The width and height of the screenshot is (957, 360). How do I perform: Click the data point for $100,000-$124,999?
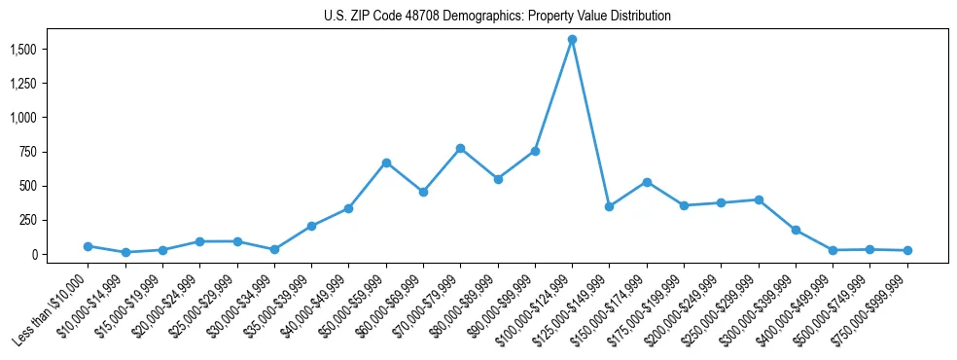pyautogui.click(x=572, y=40)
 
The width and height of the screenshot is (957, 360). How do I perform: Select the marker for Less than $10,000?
pyautogui.click(x=88, y=246)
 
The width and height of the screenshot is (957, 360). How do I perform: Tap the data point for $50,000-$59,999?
pyautogui.click(x=386, y=162)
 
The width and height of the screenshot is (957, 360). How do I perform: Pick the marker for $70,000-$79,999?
pyautogui.click(x=460, y=148)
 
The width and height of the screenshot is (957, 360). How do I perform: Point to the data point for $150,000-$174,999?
pyautogui.click(x=647, y=182)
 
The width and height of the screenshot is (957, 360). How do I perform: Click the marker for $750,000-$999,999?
pyautogui.click(x=907, y=250)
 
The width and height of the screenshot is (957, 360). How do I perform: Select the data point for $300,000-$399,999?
pyautogui.click(x=796, y=231)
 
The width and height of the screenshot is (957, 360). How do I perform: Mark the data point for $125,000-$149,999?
pyautogui.click(x=609, y=206)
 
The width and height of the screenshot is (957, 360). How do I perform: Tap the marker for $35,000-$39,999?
pyautogui.click(x=311, y=226)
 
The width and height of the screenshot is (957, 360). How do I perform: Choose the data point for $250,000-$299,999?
pyautogui.click(x=759, y=199)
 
